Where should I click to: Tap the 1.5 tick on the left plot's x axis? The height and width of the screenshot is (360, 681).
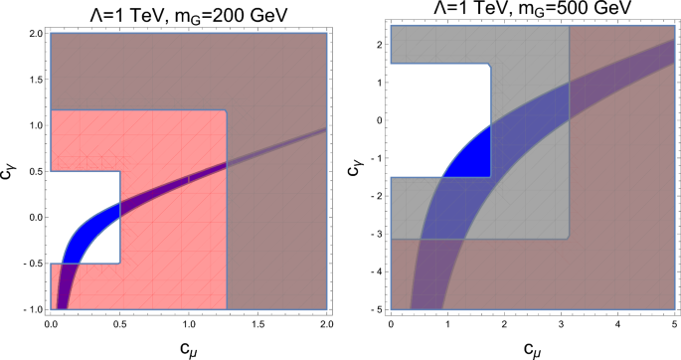click(x=256, y=325)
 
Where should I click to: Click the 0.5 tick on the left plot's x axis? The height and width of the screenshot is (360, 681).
click(x=119, y=325)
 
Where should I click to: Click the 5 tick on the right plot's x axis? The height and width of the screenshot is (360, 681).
click(x=675, y=325)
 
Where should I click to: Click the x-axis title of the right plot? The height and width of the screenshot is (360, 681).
click(x=533, y=348)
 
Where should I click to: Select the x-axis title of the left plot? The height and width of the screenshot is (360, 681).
click(x=188, y=348)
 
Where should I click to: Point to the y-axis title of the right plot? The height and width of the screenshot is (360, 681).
click(x=354, y=166)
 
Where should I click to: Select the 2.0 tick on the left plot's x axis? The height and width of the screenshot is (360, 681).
click(x=325, y=325)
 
